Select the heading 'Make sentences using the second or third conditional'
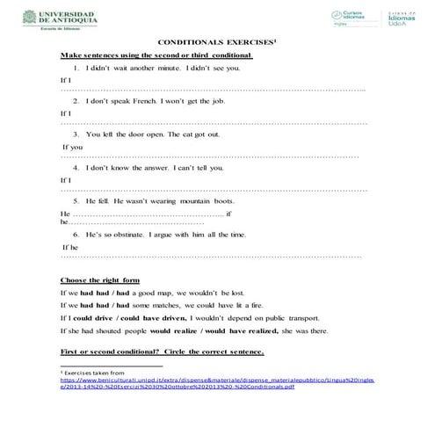pos(156,55)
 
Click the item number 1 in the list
pos(76,68)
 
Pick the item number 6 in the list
pos(76,235)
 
